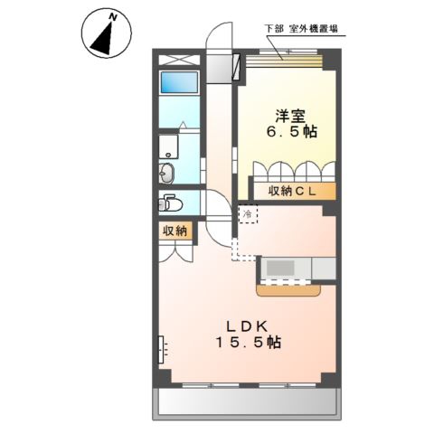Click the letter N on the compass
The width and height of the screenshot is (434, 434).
113,17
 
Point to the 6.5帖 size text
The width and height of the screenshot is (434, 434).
292,132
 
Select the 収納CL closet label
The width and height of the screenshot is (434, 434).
292,192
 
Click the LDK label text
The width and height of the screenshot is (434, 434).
247,326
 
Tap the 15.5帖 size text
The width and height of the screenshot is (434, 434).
249,343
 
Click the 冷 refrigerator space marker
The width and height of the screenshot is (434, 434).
248,214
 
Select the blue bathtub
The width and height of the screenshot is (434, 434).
179,82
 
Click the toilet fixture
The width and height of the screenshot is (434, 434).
171,203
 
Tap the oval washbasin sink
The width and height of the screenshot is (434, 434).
166,173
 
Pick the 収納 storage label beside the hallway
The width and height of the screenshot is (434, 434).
175,231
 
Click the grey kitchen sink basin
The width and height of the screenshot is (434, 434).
280,268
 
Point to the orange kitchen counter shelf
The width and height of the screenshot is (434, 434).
288,290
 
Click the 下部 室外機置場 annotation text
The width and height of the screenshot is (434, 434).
301,29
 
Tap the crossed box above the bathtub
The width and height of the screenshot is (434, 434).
179,60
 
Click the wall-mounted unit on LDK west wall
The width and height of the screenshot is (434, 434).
161,349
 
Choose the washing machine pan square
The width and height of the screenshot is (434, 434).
168,146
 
